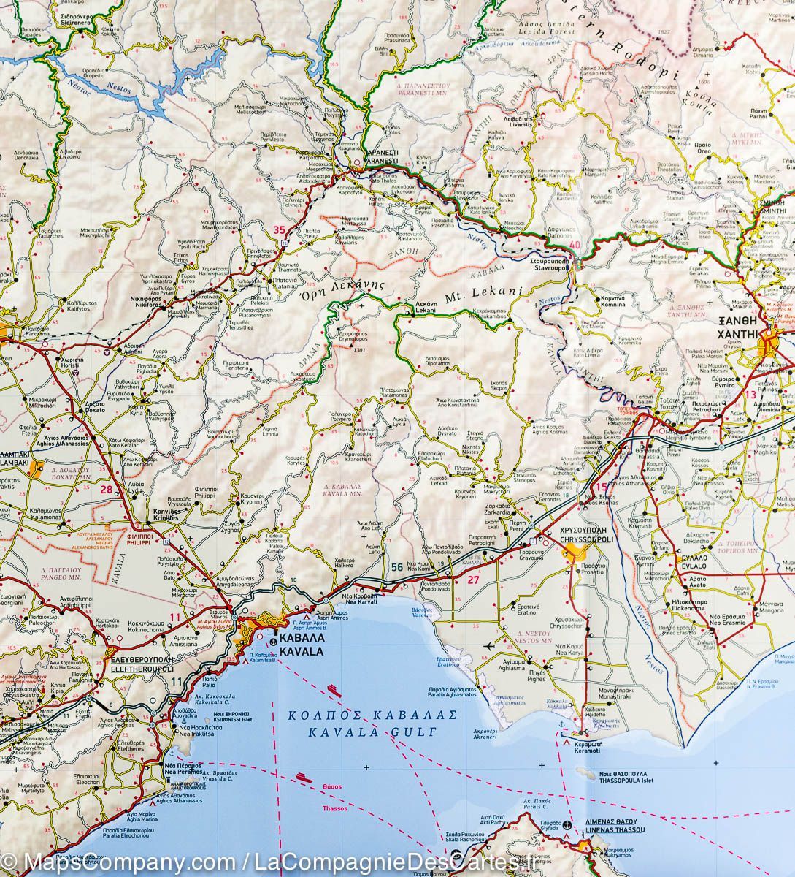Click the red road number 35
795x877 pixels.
[278, 231]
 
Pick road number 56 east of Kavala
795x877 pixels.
[396, 566]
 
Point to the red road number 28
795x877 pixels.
[108, 490]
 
